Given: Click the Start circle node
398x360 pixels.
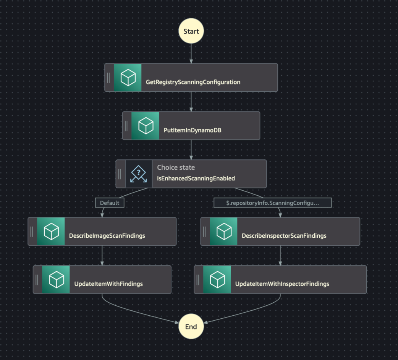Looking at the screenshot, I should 191,31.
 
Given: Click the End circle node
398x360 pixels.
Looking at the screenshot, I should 191,326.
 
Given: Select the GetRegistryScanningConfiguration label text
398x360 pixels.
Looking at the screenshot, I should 193,82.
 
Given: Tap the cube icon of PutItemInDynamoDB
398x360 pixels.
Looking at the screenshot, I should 145,126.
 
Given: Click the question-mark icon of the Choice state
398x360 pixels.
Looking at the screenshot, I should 139,174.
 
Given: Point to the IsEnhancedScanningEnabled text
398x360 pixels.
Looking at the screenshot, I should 196,178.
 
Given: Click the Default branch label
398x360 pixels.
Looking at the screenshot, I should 110,203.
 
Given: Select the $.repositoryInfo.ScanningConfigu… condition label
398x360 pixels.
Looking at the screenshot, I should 272,203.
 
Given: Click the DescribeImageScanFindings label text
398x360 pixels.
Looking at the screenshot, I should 107,236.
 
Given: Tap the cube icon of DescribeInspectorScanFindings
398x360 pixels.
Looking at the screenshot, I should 223,231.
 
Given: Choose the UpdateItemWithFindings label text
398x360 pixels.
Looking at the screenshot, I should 108,284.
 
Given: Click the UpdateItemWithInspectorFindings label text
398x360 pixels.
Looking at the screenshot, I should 282,284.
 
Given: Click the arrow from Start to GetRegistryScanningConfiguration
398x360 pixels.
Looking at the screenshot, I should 191,54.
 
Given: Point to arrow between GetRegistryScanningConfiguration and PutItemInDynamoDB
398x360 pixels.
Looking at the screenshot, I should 191,102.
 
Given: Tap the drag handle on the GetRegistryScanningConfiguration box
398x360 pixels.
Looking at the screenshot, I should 108,78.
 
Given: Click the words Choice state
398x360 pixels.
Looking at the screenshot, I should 176,167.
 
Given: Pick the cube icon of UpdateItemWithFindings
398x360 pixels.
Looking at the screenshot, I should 56,279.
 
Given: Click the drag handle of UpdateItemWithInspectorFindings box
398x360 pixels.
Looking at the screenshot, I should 198,279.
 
